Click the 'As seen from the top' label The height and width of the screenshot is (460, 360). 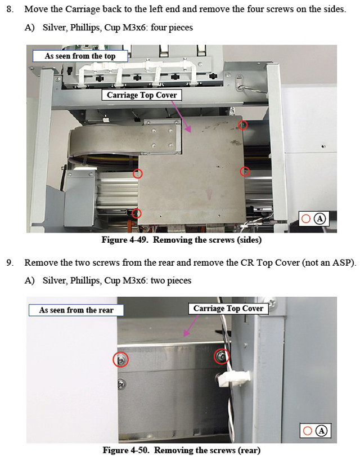pyautogui.click(x=80, y=56)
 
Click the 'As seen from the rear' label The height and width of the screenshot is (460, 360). pyautogui.click(x=76, y=310)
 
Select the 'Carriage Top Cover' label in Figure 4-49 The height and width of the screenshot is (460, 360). pyautogui.click(x=142, y=95)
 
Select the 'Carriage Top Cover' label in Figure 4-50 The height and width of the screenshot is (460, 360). pyautogui.click(x=228, y=309)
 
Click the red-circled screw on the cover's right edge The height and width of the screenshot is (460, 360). pyautogui.click(x=245, y=171)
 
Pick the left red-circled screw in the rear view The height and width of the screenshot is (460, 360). pyautogui.click(x=121, y=359)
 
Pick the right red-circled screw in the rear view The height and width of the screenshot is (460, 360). pyautogui.click(x=222, y=356)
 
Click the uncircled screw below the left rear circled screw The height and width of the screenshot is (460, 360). pyautogui.click(x=121, y=383)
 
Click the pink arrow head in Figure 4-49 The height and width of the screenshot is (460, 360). pyautogui.click(x=188, y=128)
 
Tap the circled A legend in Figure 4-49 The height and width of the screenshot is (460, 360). pyautogui.click(x=320, y=218)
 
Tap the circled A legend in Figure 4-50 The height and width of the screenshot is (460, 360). pyautogui.click(x=322, y=431)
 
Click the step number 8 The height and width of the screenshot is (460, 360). pyautogui.click(x=10, y=10)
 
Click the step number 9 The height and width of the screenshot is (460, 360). pyautogui.click(x=10, y=262)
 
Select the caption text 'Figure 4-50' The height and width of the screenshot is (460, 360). pyautogui.click(x=127, y=450)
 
